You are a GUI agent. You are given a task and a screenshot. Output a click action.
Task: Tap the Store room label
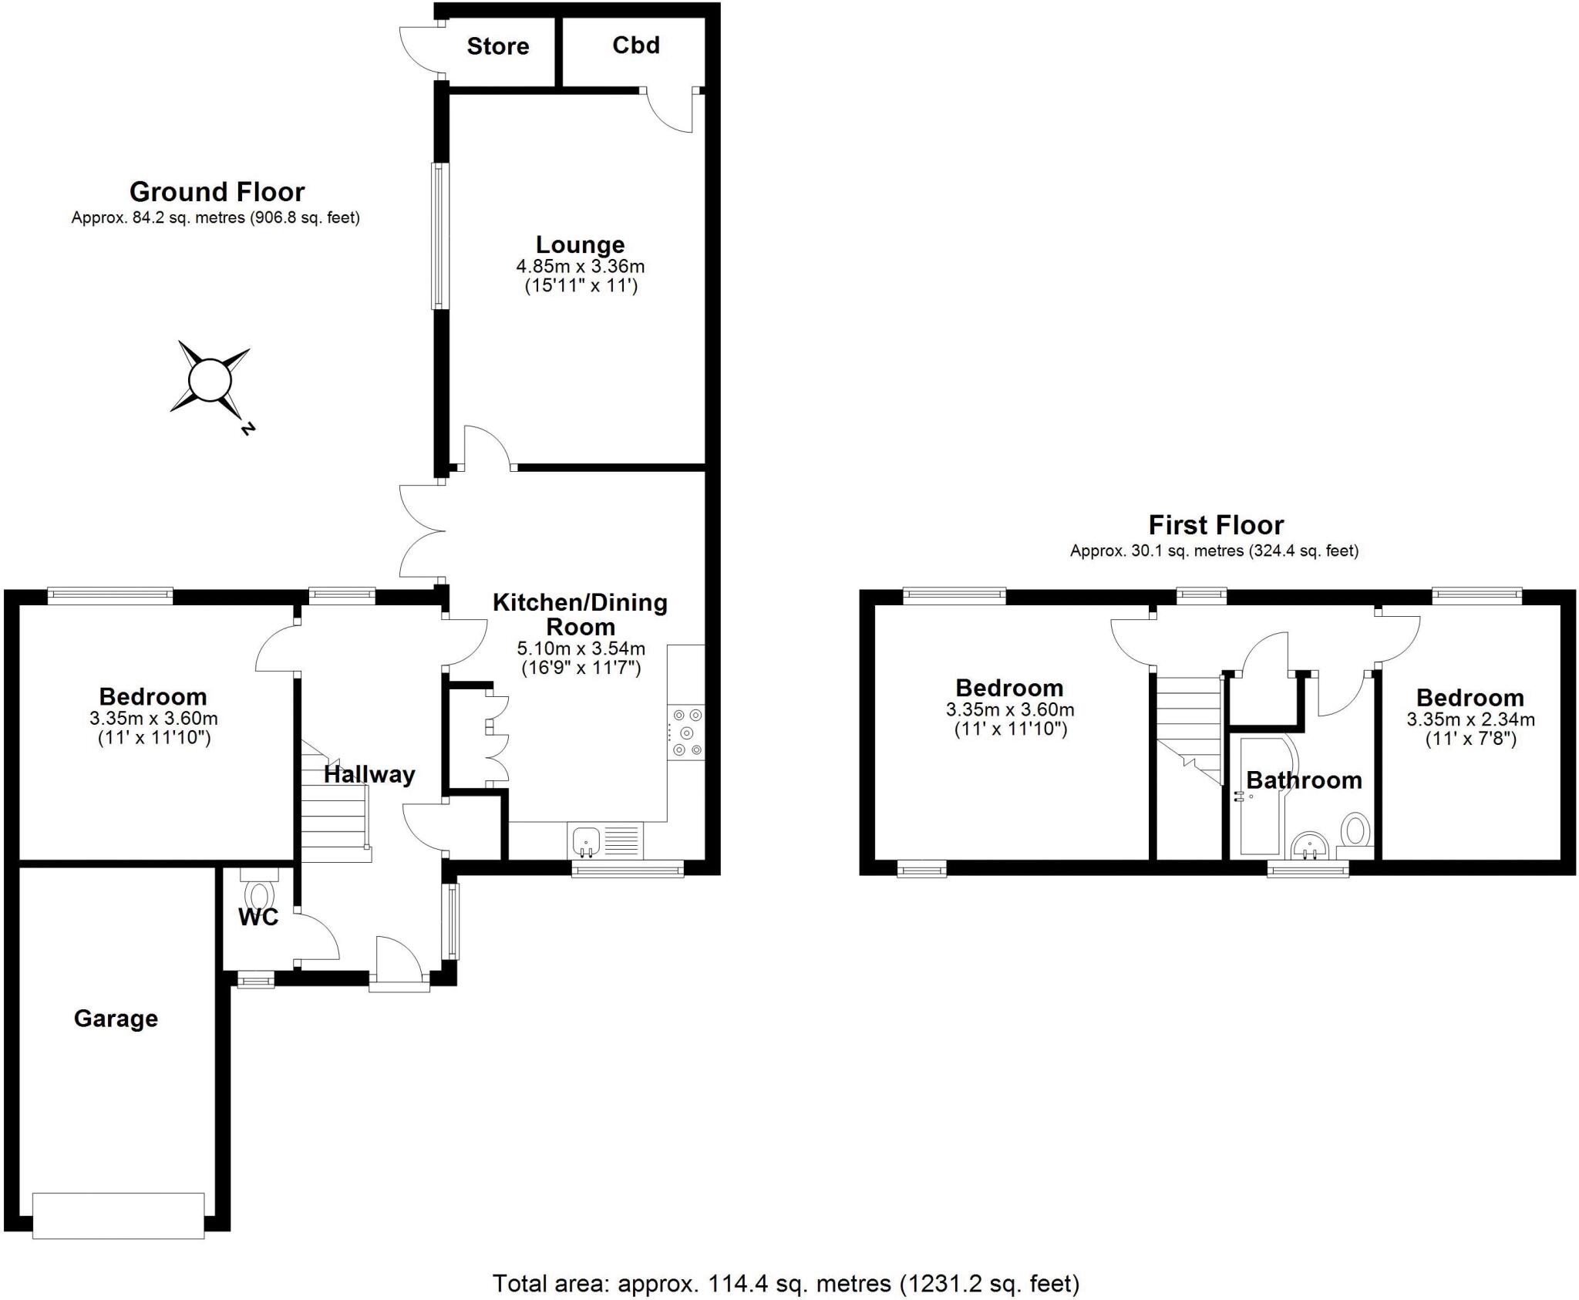click(497, 46)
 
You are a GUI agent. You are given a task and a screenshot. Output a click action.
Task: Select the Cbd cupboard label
click(635, 45)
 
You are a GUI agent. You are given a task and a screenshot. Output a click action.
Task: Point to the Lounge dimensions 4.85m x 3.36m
click(580, 267)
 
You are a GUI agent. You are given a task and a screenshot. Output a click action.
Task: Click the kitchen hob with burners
click(686, 732)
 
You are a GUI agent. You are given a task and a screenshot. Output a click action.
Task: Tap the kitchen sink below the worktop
click(587, 840)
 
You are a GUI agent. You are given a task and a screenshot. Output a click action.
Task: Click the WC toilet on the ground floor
click(258, 895)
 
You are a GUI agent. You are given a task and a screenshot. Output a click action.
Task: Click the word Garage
click(116, 1019)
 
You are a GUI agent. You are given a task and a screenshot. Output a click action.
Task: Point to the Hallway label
click(369, 774)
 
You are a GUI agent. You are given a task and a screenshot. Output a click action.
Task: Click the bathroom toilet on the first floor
click(1355, 831)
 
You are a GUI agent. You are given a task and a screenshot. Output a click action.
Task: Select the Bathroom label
click(1304, 780)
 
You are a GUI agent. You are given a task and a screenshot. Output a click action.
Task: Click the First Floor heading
click(1215, 525)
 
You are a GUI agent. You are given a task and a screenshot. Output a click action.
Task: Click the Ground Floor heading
click(217, 191)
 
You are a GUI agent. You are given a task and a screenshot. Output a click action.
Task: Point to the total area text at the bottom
click(786, 1283)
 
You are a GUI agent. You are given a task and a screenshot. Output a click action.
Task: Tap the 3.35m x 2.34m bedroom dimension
click(1470, 719)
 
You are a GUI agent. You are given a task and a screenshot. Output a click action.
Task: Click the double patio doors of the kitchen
click(423, 530)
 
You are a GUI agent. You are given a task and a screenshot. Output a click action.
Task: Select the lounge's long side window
click(439, 236)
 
